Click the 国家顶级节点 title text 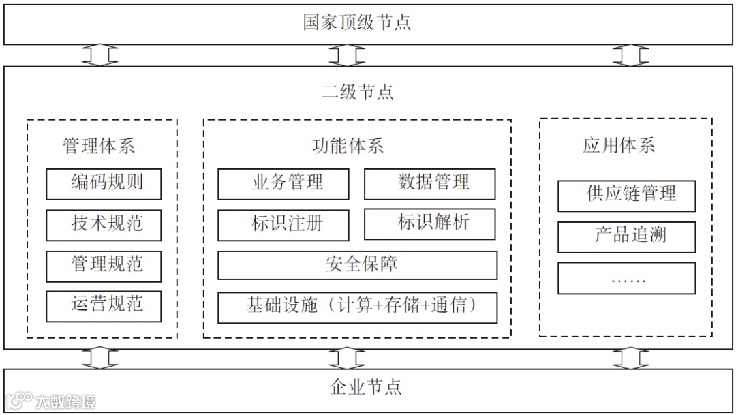357,22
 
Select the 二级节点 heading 357,92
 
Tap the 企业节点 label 365,387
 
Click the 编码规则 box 104,184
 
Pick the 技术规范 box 104,225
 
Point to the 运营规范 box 104,306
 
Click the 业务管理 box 283,184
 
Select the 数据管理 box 429,184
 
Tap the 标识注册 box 283,225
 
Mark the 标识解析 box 429,224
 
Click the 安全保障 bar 357,265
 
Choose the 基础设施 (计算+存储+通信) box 357,307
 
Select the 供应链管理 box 626,196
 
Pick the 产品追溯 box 626,237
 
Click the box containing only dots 626,278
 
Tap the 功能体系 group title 348,146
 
